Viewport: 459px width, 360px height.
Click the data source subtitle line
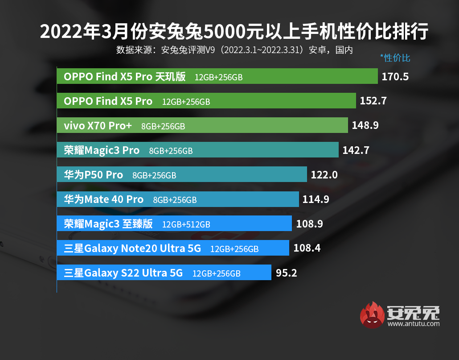coord(234,50)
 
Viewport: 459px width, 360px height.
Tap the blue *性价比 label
coord(395,58)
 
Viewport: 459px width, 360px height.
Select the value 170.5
coord(395,77)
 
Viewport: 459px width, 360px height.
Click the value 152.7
coord(373,101)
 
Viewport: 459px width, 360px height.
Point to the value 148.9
coord(365,126)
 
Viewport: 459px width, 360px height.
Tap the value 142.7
coord(356,150)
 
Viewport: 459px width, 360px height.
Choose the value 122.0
coord(324,175)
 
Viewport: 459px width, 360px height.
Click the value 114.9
coord(316,199)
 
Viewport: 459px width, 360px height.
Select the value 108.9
coord(309,223)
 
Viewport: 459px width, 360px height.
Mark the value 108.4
coord(307,248)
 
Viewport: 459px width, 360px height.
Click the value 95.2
coord(287,273)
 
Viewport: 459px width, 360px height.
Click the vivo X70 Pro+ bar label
coord(98,126)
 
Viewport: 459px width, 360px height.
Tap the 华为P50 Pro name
coord(93,175)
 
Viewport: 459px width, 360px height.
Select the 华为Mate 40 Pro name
coord(104,199)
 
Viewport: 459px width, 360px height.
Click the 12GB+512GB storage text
coord(186,224)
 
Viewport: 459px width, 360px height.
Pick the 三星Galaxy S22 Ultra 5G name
coord(123,273)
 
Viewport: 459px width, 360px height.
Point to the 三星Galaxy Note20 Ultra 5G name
coord(132,248)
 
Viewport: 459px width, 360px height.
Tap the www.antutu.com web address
coord(414,324)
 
